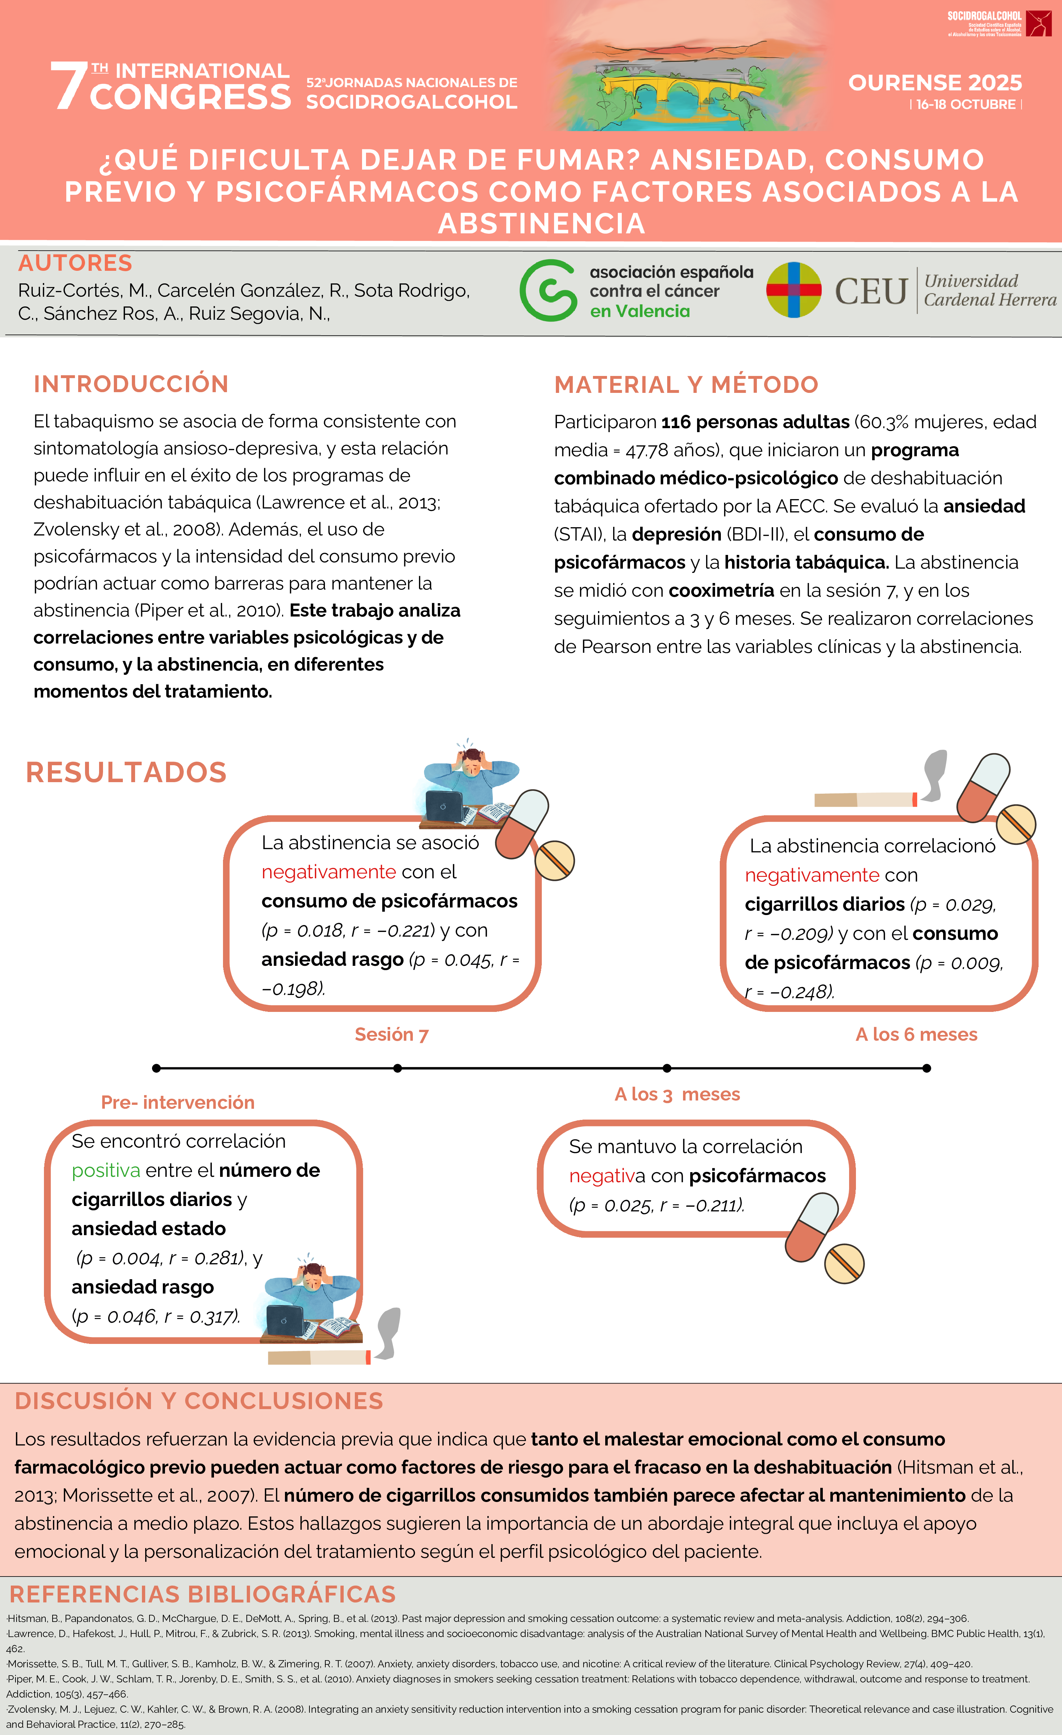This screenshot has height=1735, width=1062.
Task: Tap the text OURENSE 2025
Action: (x=934, y=83)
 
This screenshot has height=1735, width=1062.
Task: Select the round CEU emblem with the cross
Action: (x=794, y=290)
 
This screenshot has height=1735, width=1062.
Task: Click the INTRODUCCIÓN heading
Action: (x=131, y=384)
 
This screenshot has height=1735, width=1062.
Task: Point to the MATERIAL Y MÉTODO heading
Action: (x=686, y=385)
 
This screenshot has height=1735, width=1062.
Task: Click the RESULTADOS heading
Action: (x=126, y=772)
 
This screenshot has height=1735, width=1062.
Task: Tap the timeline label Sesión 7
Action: (x=392, y=1034)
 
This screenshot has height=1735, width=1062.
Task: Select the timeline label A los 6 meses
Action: (x=916, y=1034)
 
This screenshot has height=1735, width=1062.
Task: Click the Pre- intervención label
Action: (x=178, y=1102)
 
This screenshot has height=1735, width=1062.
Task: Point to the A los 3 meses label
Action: (x=677, y=1094)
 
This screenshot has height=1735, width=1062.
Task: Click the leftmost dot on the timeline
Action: (x=156, y=1068)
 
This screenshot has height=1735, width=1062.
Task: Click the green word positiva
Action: (x=106, y=1170)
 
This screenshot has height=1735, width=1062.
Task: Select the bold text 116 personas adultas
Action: (x=755, y=422)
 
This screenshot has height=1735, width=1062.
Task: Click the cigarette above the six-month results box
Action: (x=865, y=799)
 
